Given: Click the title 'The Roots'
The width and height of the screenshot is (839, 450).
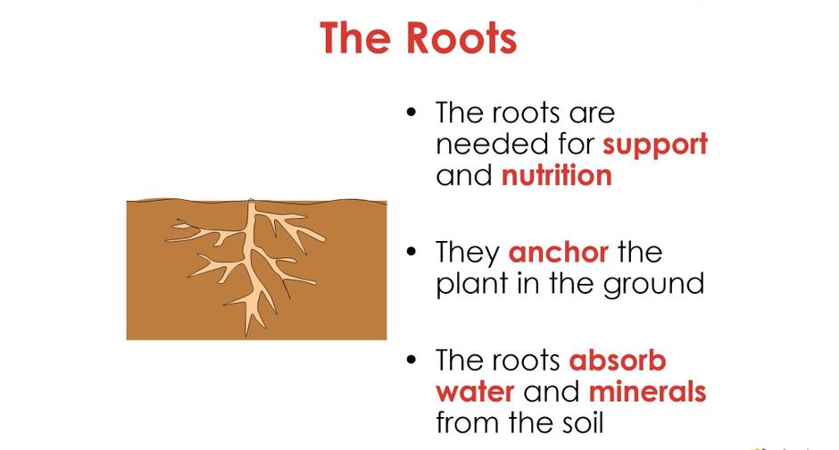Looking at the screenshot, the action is point(418,38).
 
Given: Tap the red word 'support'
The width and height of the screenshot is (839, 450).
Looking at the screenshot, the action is point(655,146).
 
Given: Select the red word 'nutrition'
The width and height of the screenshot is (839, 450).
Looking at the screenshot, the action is point(556,176).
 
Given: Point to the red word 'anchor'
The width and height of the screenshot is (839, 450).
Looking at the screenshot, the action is point(558,253).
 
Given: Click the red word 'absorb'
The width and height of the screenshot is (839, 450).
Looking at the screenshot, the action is point(618,360).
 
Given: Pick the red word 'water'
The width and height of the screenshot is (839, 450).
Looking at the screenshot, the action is point(475,392).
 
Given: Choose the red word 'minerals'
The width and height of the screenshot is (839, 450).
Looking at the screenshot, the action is point(647,391).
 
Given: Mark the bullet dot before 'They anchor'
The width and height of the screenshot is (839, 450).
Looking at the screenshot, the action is point(411,251).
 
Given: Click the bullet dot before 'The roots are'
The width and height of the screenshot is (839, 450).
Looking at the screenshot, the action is point(411,112).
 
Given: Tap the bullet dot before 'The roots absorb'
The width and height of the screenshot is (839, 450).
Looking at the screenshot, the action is point(411,359).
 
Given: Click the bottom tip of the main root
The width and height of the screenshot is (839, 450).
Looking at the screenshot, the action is point(246,336).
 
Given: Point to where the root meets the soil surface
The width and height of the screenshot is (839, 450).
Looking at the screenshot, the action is point(251,201).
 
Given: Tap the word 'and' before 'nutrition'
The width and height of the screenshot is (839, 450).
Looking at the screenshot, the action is point(464,176).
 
